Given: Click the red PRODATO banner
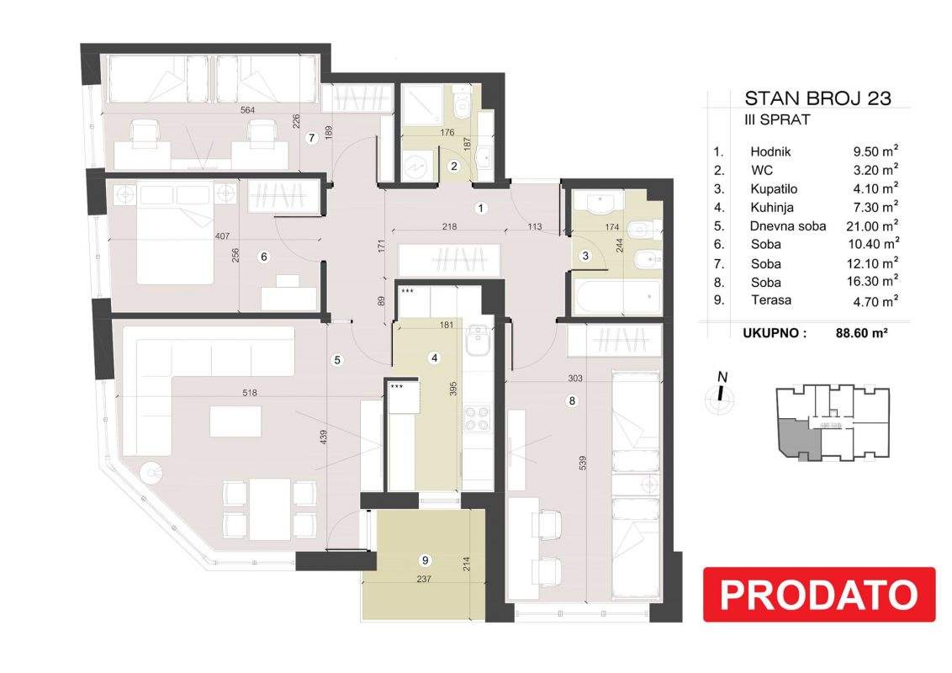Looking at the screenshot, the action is coord(819,594).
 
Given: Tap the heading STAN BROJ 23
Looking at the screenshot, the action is coord(817,98).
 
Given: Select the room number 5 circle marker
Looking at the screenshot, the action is coord(337,360).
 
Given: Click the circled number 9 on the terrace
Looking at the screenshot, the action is coord(425,560).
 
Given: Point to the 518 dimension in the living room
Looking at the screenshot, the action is coord(250,393).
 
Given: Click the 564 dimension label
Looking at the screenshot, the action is coord(247,110).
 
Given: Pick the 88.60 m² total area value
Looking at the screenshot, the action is coord(861,333).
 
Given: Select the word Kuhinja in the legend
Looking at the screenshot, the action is coord(772,208).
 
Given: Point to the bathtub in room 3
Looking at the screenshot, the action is coord(616,297).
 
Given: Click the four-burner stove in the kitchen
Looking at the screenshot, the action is coord(477,419).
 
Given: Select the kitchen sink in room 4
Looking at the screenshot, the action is coord(478,340).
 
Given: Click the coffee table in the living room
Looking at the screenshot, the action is coord(235,421).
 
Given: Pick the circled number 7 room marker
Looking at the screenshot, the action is coord(312,138).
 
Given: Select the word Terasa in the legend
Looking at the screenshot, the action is coord(771,300).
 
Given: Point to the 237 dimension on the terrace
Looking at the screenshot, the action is coord(424,580).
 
